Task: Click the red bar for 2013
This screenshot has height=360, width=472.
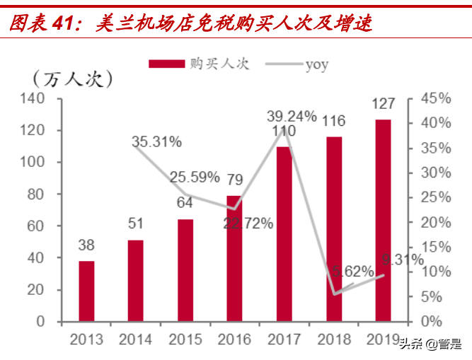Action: pos(86,291)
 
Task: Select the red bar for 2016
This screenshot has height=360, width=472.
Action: pos(234,258)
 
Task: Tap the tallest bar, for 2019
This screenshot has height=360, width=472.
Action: pos(383,220)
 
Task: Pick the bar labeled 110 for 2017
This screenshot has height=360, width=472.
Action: pos(284,233)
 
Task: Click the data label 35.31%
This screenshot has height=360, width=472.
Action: pos(156,141)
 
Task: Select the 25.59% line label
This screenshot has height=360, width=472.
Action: pos(194,178)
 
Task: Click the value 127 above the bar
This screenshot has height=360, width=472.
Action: pos(383,104)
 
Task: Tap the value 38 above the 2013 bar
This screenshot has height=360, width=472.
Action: pos(86,245)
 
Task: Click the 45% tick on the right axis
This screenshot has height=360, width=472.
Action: pos(433,98)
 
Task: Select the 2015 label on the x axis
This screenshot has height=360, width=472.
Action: pos(185,339)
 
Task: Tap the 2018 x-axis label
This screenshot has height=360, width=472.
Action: pos(333,339)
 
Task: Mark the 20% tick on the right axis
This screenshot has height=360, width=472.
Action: pos(433,222)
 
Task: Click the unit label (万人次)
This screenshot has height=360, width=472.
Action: pos(72,79)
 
